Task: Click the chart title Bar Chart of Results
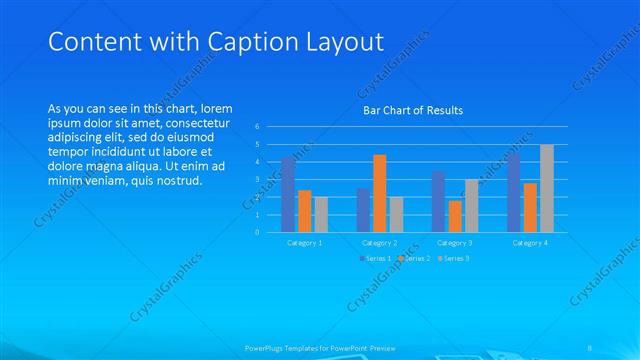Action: click(x=412, y=110)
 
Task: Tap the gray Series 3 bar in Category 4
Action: click(x=546, y=188)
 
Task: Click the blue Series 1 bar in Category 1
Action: click(x=288, y=194)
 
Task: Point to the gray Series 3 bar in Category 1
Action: click(x=321, y=214)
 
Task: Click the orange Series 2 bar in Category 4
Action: click(x=530, y=207)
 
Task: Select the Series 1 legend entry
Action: click(x=375, y=258)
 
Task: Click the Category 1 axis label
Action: click(x=304, y=243)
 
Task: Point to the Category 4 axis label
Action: click(x=530, y=243)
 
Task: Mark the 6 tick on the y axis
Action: click(x=257, y=127)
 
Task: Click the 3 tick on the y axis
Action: click(x=257, y=179)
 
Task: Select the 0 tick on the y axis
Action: click(x=257, y=232)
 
